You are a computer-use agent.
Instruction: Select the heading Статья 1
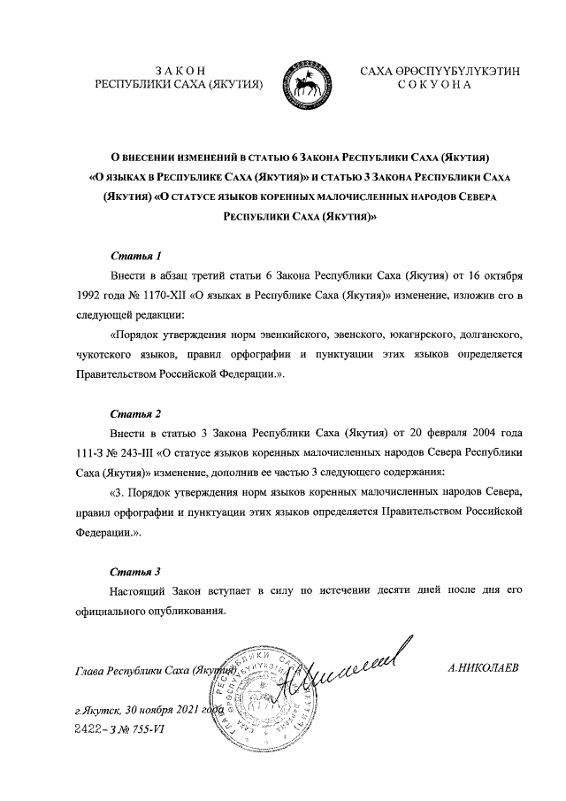click(x=135, y=258)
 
